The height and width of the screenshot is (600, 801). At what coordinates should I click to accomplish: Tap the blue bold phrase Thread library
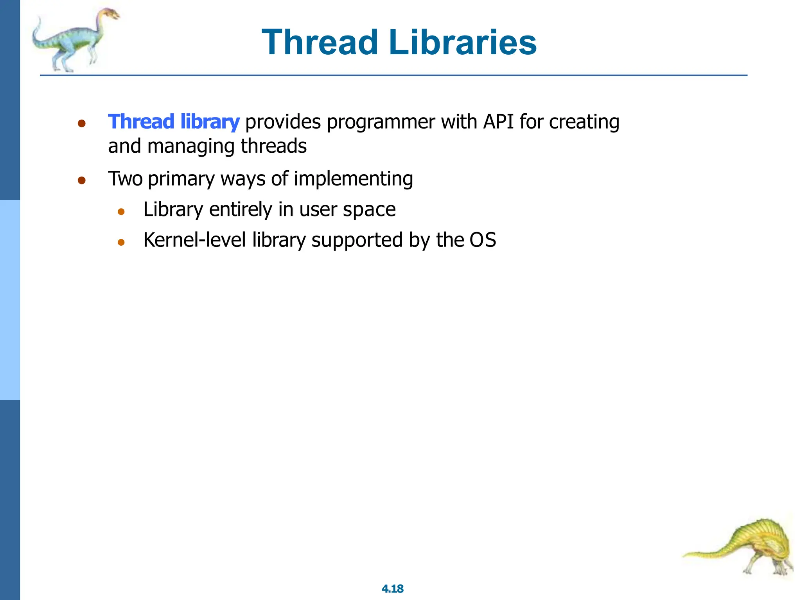point(174,121)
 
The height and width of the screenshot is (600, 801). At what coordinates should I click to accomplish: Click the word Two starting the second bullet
point(125,179)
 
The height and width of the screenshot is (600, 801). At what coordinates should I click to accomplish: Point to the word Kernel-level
point(194,240)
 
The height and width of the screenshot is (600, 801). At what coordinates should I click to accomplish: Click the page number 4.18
point(392,589)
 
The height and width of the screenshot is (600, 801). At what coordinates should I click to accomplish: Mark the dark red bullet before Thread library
point(81,124)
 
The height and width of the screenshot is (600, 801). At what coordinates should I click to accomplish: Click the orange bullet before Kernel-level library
point(121,242)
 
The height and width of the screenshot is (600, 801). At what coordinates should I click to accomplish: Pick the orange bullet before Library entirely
point(121,212)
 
